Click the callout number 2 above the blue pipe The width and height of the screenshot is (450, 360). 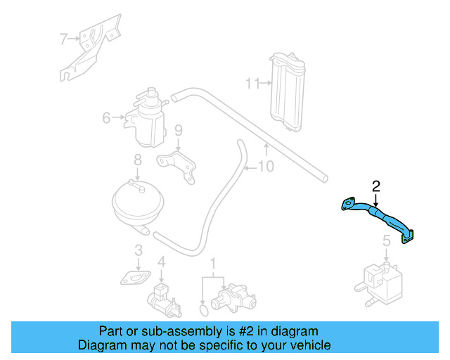point(376,186)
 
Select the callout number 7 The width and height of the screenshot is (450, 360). point(63,39)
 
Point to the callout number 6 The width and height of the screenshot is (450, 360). point(107,118)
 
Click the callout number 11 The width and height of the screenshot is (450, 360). point(252,84)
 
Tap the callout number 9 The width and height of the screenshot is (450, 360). point(178,130)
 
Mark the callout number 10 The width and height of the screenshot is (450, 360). point(266,167)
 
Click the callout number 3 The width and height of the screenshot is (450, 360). point(139,250)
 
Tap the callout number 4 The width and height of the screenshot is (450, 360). point(162,262)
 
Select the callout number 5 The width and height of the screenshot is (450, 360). point(386,241)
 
